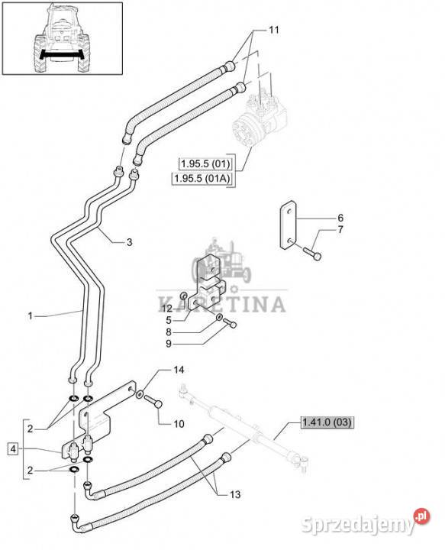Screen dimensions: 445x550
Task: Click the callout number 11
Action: (x=274, y=30)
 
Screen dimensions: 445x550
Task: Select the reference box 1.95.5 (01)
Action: (x=205, y=163)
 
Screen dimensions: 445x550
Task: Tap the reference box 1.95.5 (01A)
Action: (x=202, y=179)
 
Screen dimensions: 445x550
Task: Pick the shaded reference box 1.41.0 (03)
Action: (x=327, y=422)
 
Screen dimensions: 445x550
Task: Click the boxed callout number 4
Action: (x=13, y=448)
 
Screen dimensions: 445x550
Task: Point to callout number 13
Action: (x=235, y=494)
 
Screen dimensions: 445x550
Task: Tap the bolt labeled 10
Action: (x=153, y=401)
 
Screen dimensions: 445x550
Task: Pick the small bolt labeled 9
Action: (x=230, y=324)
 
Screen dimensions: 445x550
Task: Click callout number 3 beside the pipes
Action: (x=129, y=242)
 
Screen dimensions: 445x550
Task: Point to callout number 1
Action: (x=30, y=316)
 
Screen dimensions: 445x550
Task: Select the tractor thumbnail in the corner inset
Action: (x=63, y=38)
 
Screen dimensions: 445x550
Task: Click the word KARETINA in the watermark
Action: (x=222, y=304)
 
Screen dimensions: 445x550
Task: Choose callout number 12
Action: (x=167, y=309)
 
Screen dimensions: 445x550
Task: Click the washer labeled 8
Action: (x=218, y=318)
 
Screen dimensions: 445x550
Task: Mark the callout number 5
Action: (x=169, y=320)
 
